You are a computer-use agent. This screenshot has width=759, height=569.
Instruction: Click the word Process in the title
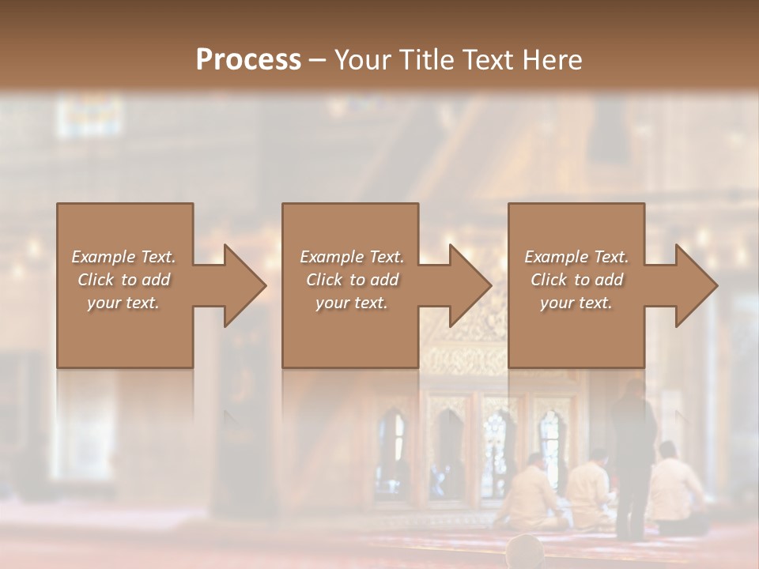tap(248, 60)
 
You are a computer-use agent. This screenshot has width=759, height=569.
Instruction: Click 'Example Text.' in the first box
tap(123, 257)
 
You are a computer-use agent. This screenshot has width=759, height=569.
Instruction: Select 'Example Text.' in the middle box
tap(351, 257)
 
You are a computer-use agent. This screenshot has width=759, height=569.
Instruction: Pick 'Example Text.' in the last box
tap(576, 257)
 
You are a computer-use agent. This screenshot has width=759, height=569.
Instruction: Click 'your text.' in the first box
tap(123, 303)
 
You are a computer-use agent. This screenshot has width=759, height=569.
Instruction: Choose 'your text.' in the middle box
tap(351, 303)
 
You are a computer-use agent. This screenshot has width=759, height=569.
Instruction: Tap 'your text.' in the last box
tap(576, 303)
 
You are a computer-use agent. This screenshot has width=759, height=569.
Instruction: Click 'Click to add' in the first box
tap(123, 280)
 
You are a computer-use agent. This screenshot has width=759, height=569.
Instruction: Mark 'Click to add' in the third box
tap(576, 280)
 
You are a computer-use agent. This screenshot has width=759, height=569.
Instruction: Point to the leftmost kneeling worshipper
tap(533, 494)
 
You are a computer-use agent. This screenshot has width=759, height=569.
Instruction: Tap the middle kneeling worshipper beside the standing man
tap(591, 492)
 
